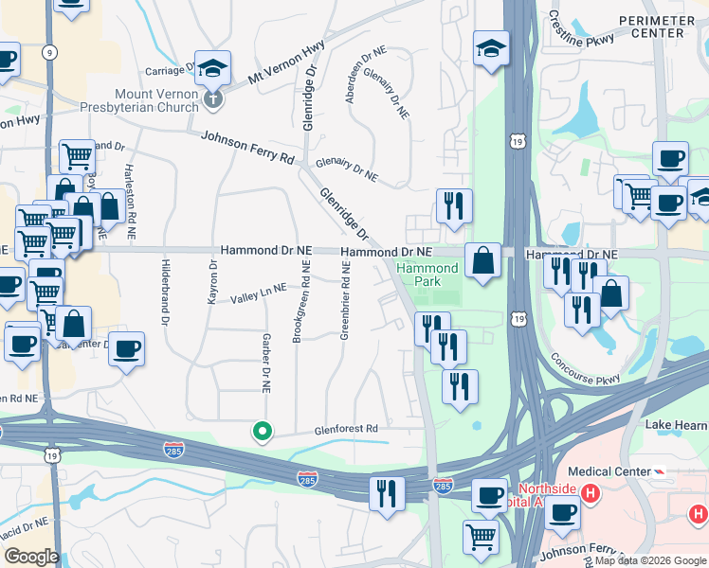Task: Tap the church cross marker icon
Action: [x=213, y=96]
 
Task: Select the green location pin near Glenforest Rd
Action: [x=263, y=432]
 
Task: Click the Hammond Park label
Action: [x=427, y=275]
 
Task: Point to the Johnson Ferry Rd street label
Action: [x=247, y=148]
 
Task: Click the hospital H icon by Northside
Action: [x=590, y=493]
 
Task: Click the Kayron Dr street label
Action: [x=212, y=282]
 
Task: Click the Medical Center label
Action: [x=607, y=470]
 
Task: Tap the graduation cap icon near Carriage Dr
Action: [x=214, y=68]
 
